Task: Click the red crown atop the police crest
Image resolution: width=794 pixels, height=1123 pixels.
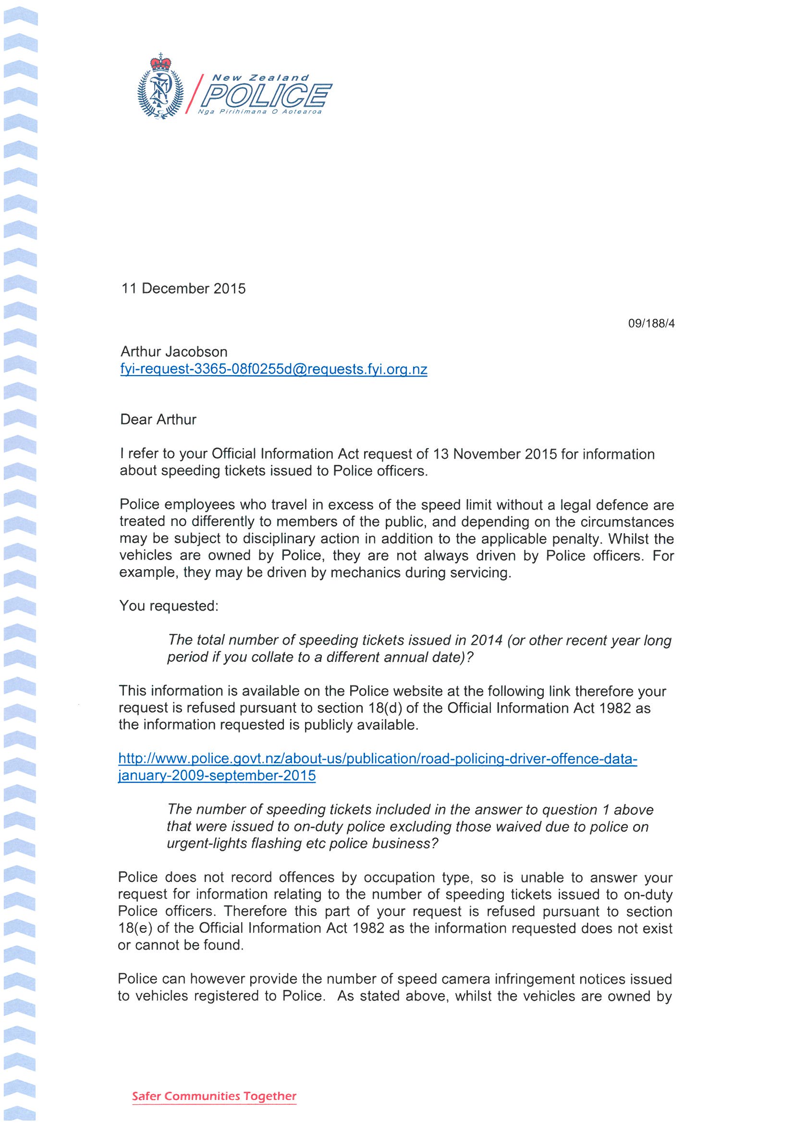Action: pos(161,63)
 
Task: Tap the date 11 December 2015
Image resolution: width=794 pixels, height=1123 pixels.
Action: pos(183,289)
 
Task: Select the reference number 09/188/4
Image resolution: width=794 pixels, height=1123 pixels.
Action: pos(651,323)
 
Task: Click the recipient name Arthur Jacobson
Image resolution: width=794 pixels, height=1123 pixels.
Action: pos(174,352)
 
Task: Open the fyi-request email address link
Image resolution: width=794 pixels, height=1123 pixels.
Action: pos(273,369)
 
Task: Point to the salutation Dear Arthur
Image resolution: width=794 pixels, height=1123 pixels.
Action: pos(158,420)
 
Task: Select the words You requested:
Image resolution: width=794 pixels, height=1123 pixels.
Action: pos(168,606)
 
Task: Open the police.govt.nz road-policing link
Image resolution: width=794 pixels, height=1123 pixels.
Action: pos(378,758)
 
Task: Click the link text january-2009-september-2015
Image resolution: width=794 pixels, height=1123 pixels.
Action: pos(217,776)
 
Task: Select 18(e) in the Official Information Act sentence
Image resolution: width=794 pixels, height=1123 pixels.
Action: pos(133,928)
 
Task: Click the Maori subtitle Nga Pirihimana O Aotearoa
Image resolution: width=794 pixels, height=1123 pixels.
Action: pos(260,112)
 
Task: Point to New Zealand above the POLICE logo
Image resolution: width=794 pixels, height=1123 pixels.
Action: pos(260,78)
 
